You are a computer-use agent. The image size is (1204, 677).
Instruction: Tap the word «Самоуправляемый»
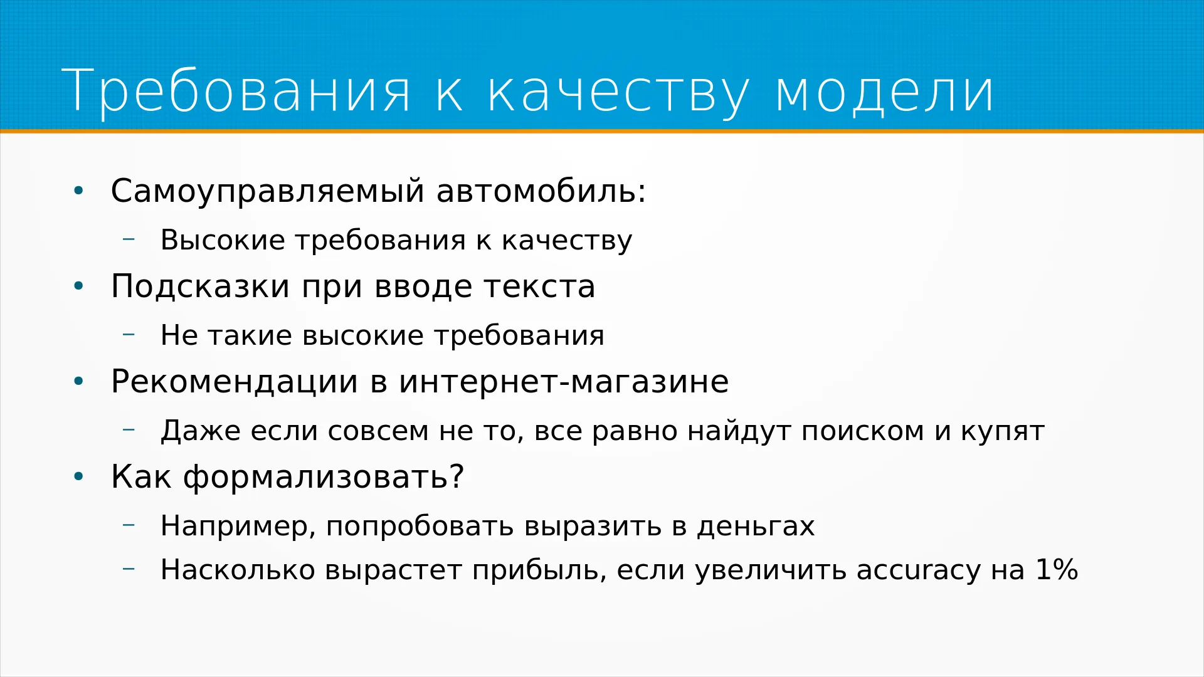(268, 191)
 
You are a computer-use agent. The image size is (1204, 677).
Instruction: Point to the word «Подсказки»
(200, 287)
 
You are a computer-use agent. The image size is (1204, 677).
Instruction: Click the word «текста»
(539, 287)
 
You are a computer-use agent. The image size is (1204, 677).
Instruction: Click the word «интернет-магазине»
(564, 382)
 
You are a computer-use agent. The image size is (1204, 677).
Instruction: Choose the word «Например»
(235, 527)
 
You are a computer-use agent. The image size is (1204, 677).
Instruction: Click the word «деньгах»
(756, 527)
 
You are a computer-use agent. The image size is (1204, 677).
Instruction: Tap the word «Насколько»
(238, 570)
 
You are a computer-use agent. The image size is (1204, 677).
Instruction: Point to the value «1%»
(1057, 570)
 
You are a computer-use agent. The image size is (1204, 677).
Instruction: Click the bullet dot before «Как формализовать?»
(78, 477)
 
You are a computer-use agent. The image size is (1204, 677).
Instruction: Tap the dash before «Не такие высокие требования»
(129, 335)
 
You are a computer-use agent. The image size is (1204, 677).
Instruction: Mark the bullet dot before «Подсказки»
(78, 286)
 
